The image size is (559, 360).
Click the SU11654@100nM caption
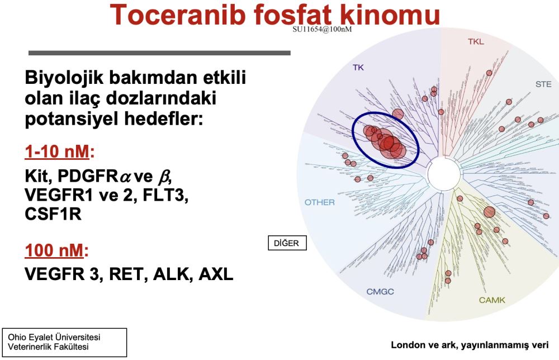coord(322,29)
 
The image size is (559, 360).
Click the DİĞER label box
coord(287,243)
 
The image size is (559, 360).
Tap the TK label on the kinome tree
coord(358,68)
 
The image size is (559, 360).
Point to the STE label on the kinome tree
coord(543,84)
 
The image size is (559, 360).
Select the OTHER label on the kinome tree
coord(319,202)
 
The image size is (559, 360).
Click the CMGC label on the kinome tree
coord(381,291)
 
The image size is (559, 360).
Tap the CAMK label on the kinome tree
coord(491,300)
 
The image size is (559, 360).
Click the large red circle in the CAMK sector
coord(490,212)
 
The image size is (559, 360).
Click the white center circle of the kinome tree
coord(443,174)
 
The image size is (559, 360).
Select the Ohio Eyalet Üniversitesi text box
coord(65,342)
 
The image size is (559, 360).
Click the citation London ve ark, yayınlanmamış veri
coord(470,345)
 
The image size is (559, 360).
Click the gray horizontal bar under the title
coord(159,53)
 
